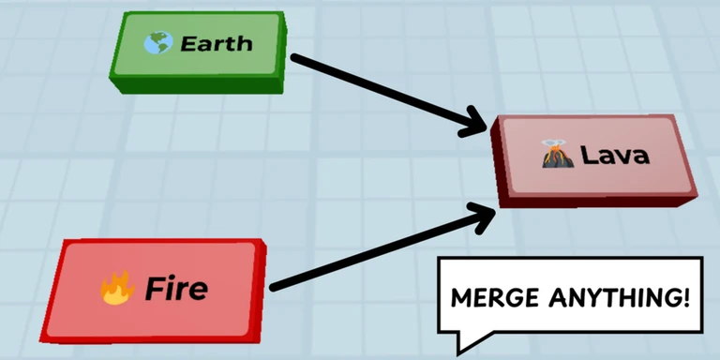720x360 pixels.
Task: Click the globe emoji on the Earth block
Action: tap(157, 43)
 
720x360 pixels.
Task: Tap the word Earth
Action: tap(216, 43)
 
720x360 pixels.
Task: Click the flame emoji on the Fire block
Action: tap(116, 289)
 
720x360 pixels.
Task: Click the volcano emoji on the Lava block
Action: tap(557, 155)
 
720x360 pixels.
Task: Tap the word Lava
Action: tap(615, 156)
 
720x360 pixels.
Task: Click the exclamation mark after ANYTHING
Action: tap(686, 298)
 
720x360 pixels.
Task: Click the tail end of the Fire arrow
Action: tap(274, 286)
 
